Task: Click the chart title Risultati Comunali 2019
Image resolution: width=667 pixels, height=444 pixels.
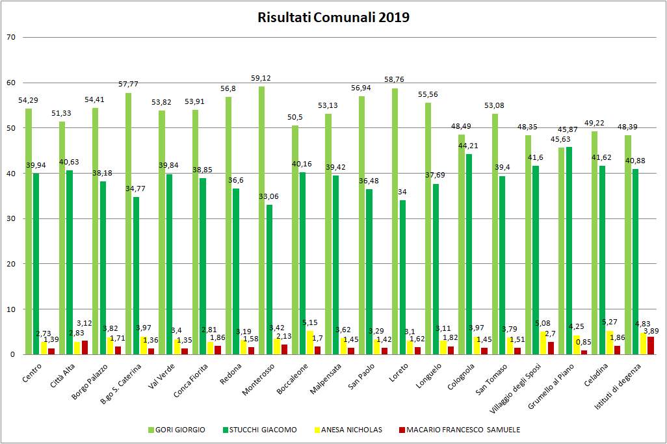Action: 333,18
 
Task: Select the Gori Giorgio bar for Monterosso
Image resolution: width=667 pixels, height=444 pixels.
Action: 261,220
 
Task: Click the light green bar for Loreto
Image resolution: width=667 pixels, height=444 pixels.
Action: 395,221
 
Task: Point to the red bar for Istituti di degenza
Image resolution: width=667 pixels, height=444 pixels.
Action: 651,345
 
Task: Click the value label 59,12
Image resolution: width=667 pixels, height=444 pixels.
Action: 261,79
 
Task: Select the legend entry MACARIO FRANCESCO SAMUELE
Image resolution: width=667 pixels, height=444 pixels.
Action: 463,429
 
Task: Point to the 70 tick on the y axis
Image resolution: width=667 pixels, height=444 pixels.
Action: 10,37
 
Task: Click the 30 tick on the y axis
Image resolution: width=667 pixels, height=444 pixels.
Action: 10,218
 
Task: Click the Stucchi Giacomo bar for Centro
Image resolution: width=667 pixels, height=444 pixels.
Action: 36,264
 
